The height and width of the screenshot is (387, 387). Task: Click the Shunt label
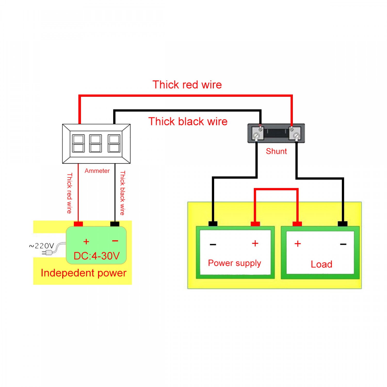[x=276, y=151]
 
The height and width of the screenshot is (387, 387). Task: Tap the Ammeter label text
[x=97, y=171]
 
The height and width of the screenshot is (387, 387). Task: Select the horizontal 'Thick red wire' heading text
[x=187, y=85]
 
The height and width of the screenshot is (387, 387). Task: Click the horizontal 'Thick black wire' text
[x=188, y=122]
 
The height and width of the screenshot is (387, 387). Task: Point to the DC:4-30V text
[x=96, y=256]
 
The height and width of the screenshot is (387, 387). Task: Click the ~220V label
[x=42, y=246]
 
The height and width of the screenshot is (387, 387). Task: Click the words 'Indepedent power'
[x=84, y=273]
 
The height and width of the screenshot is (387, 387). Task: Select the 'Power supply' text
[x=234, y=263]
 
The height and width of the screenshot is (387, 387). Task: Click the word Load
[x=321, y=264]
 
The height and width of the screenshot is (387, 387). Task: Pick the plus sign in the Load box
[x=298, y=244]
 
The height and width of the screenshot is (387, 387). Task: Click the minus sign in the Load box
[x=343, y=244]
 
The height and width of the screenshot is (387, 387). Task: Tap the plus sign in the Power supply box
[x=255, y=243]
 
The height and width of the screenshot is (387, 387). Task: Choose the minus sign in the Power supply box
[x=213, y=244]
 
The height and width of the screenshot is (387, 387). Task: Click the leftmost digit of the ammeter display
[x=78, y=143]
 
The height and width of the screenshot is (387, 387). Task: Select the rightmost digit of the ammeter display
[x=114, y=143]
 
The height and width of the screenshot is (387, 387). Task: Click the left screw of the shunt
[x=256, y=135]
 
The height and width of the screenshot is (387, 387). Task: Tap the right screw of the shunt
[x=296, y=135]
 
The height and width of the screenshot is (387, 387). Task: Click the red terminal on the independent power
[x=78, y=224]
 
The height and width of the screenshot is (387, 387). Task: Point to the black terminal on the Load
[x=342, y=224]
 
